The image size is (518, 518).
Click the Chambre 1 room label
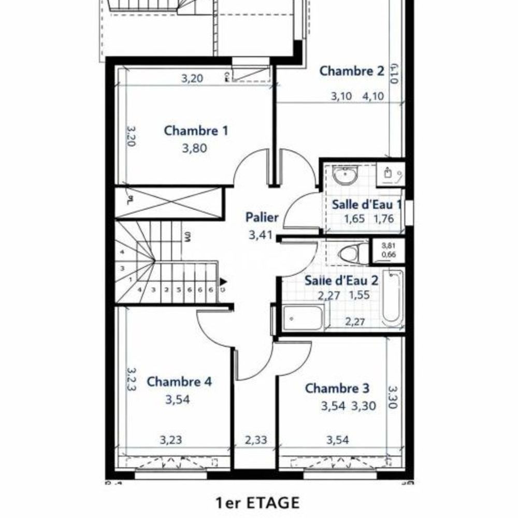(x=196, y=131)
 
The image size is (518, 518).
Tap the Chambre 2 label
(x=352, y=71)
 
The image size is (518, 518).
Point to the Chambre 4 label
(x=179, y=382)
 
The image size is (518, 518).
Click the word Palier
(x=262, y=218)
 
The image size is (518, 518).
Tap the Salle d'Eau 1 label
(x=367, y=204)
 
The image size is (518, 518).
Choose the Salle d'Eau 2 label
(x=341, y=281)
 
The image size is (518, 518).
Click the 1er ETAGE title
(x=257, y=502)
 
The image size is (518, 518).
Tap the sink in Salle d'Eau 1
(x=344, y=176)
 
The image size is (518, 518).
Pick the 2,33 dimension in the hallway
(x=256, y=440)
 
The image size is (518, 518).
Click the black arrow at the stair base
(x=223, y=282)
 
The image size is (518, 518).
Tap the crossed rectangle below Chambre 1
(x=168, y=203)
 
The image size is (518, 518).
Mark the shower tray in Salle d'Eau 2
(x=304, y=318)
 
